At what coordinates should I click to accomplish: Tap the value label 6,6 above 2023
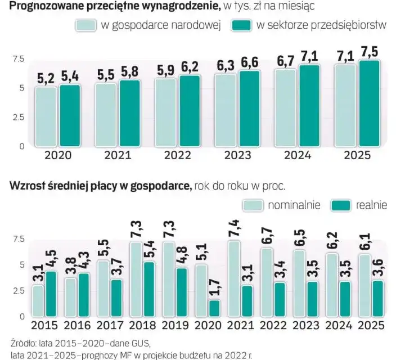(x=250, y=62)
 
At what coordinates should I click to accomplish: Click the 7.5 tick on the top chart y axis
(x=18, y=59)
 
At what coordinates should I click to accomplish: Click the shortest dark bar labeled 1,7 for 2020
(x=214, y=308)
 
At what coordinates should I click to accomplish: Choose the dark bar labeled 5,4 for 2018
(x=149, y=289)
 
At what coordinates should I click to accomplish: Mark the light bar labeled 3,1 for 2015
(x=38, y=300)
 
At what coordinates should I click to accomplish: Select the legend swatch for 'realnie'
(x=341, y=205)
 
